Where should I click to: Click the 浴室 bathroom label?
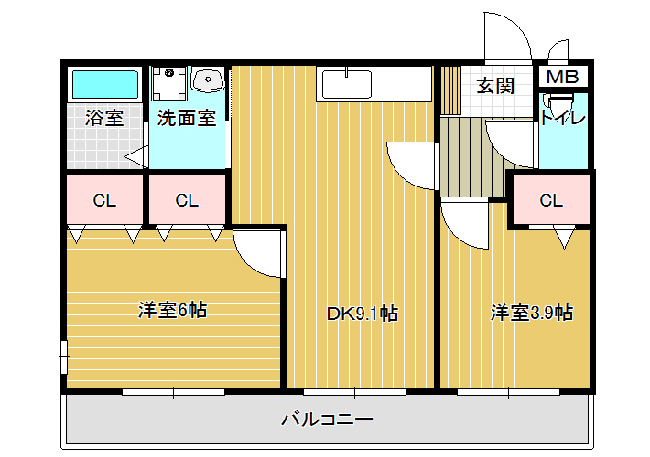(x=104, y=118)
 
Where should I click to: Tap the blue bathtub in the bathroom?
(x=105, y=84)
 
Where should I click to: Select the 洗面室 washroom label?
(x=187, y=118)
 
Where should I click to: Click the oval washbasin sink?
(x=208, y=80)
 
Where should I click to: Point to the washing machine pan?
(x=168, y=83)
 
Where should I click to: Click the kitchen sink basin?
(x=347, y=84)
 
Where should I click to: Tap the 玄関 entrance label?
(x=495, y=86)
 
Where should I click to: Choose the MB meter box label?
(x=562, y=77)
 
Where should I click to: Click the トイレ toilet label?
(x=563, y=119)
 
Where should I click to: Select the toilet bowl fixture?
(x=558, y=102)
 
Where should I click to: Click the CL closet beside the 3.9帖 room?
(x=551, y=200)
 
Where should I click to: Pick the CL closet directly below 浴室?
(x=104, y=200)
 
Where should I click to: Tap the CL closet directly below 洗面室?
(x=187, y=200)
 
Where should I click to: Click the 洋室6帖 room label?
(x=172, y=310)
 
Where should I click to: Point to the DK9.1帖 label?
(x=363, y=314)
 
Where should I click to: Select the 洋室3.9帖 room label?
(x=532, y=313)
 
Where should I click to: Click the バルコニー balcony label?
(x=328, y=420)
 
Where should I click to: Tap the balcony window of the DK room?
(x=355, y=392)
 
